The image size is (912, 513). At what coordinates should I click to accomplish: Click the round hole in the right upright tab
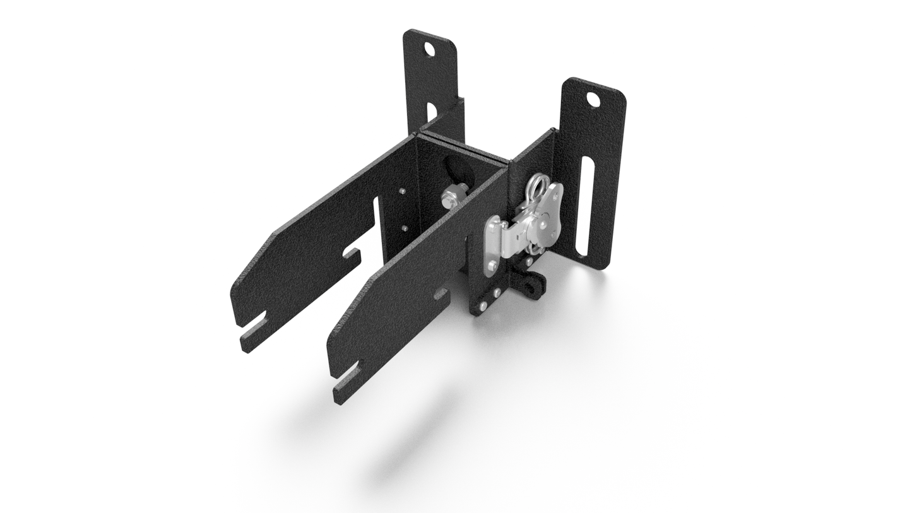pos(593,99)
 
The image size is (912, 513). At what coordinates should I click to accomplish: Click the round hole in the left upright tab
pos(429,49)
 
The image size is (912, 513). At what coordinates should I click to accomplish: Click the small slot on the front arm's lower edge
pos(441,293)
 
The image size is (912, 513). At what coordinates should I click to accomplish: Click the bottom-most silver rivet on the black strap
pos(483,305)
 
